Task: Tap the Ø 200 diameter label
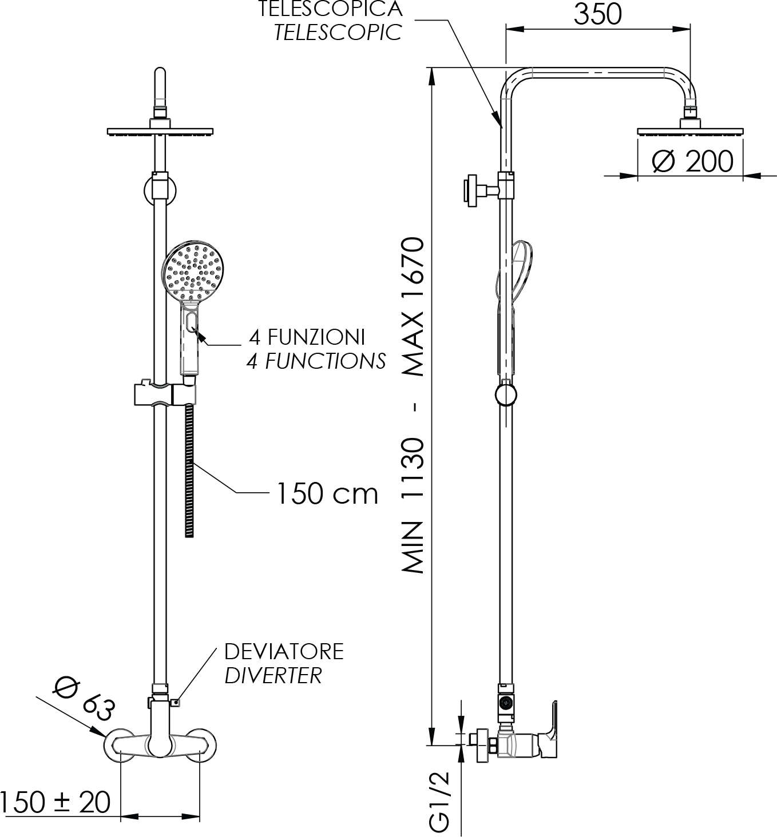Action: pos(692,161)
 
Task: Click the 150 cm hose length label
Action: pos(327,494)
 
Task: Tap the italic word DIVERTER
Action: pos(273,676)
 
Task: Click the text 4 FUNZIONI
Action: pos(307,337)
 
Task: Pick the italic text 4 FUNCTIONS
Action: pos(316,361)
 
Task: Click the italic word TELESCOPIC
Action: pos(338,33)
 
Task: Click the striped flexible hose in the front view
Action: pos(189,471)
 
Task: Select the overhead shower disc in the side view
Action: pos(690,132)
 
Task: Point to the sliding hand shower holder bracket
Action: pos(165,394)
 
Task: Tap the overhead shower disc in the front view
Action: pos(160,132)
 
